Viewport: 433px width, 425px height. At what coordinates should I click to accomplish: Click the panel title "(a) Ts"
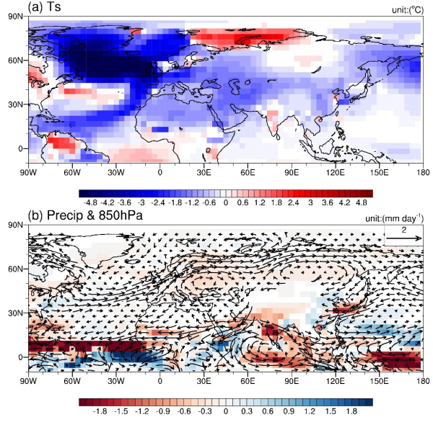click(47, 7)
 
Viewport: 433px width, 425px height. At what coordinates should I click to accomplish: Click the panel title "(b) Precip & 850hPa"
click(86, 215)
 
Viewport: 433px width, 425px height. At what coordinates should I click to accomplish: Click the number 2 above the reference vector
click(404, 228)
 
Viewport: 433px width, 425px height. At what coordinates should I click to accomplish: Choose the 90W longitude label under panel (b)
click(28, 382)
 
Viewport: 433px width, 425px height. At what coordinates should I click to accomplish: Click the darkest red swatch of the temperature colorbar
click(367, 192)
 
